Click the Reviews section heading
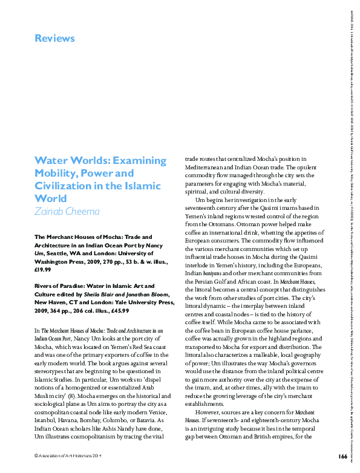54,39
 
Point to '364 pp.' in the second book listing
66,311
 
